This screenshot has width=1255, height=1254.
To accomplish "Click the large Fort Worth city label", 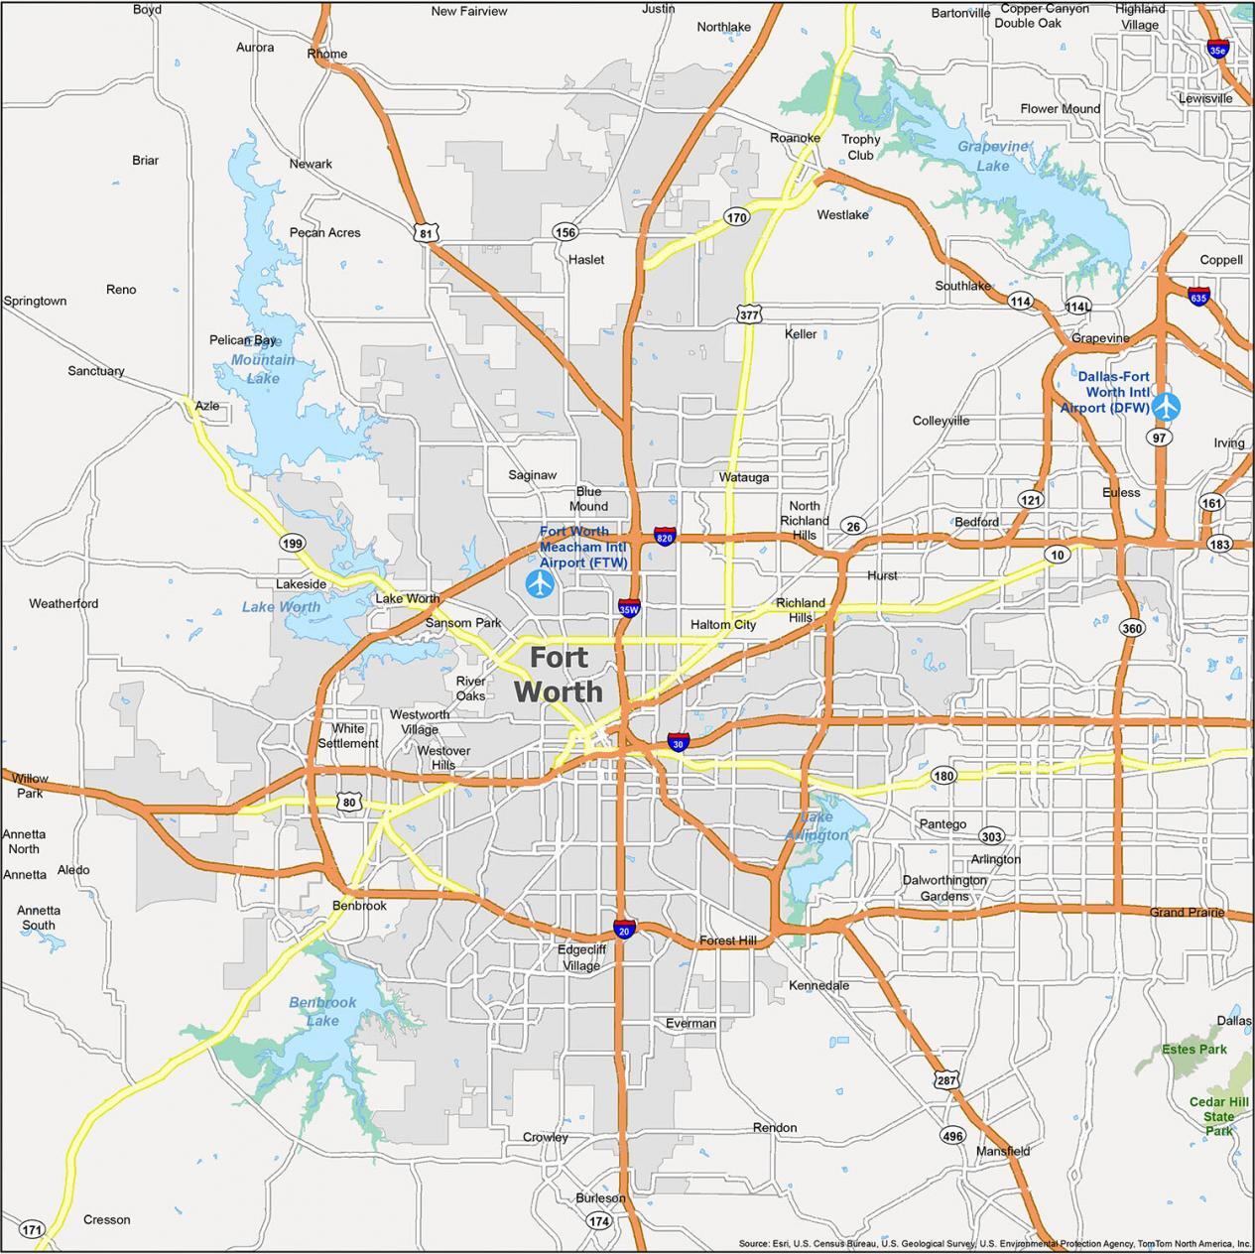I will (558, 675).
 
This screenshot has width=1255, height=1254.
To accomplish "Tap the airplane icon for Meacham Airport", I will (540, 583).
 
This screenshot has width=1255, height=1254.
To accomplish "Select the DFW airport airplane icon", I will (1167, 406).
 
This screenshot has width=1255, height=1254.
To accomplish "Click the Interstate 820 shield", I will (665, 538).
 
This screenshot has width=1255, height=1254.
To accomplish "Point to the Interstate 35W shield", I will (629, 608).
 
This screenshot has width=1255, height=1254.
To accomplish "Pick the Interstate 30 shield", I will (679, 742).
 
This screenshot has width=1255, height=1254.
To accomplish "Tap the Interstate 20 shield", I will (624, 930).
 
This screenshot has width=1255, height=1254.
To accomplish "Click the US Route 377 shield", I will (750, 314).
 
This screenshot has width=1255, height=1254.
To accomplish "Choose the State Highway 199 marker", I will (292, 543).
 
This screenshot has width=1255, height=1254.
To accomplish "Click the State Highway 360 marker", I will (1132, 628).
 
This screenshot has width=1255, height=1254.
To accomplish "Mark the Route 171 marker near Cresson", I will (33, 1230).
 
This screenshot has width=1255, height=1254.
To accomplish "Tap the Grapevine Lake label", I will (993, 156).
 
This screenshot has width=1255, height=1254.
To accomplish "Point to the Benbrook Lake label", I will (322, 1011).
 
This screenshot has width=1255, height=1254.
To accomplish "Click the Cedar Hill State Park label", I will (1219, 1116).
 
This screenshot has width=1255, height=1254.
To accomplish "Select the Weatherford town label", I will (63, 603).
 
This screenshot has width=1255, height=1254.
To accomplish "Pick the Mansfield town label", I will (1003, 1151).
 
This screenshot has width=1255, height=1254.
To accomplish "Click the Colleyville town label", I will (941, 421).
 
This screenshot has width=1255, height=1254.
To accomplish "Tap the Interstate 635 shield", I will (1198, 296).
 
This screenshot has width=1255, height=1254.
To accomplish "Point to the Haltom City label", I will (723, 624).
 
